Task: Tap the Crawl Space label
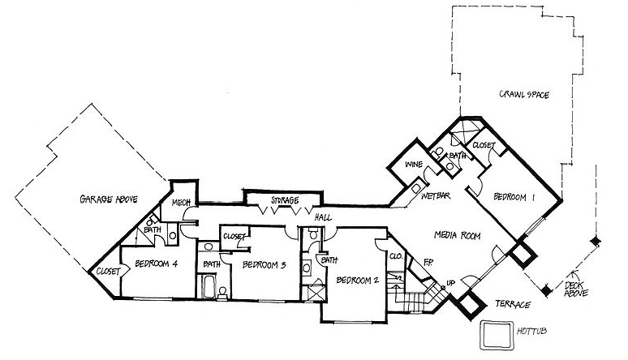click(x=525, y=96)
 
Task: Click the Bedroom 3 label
click(x=265, y=264)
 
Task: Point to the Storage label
click(x=285, y=200)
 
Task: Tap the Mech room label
click(x=180, y=204)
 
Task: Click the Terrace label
click(x=513, y=304)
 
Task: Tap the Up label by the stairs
click(x=451, y=284)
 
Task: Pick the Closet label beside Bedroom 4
click(x=109, y=271)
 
